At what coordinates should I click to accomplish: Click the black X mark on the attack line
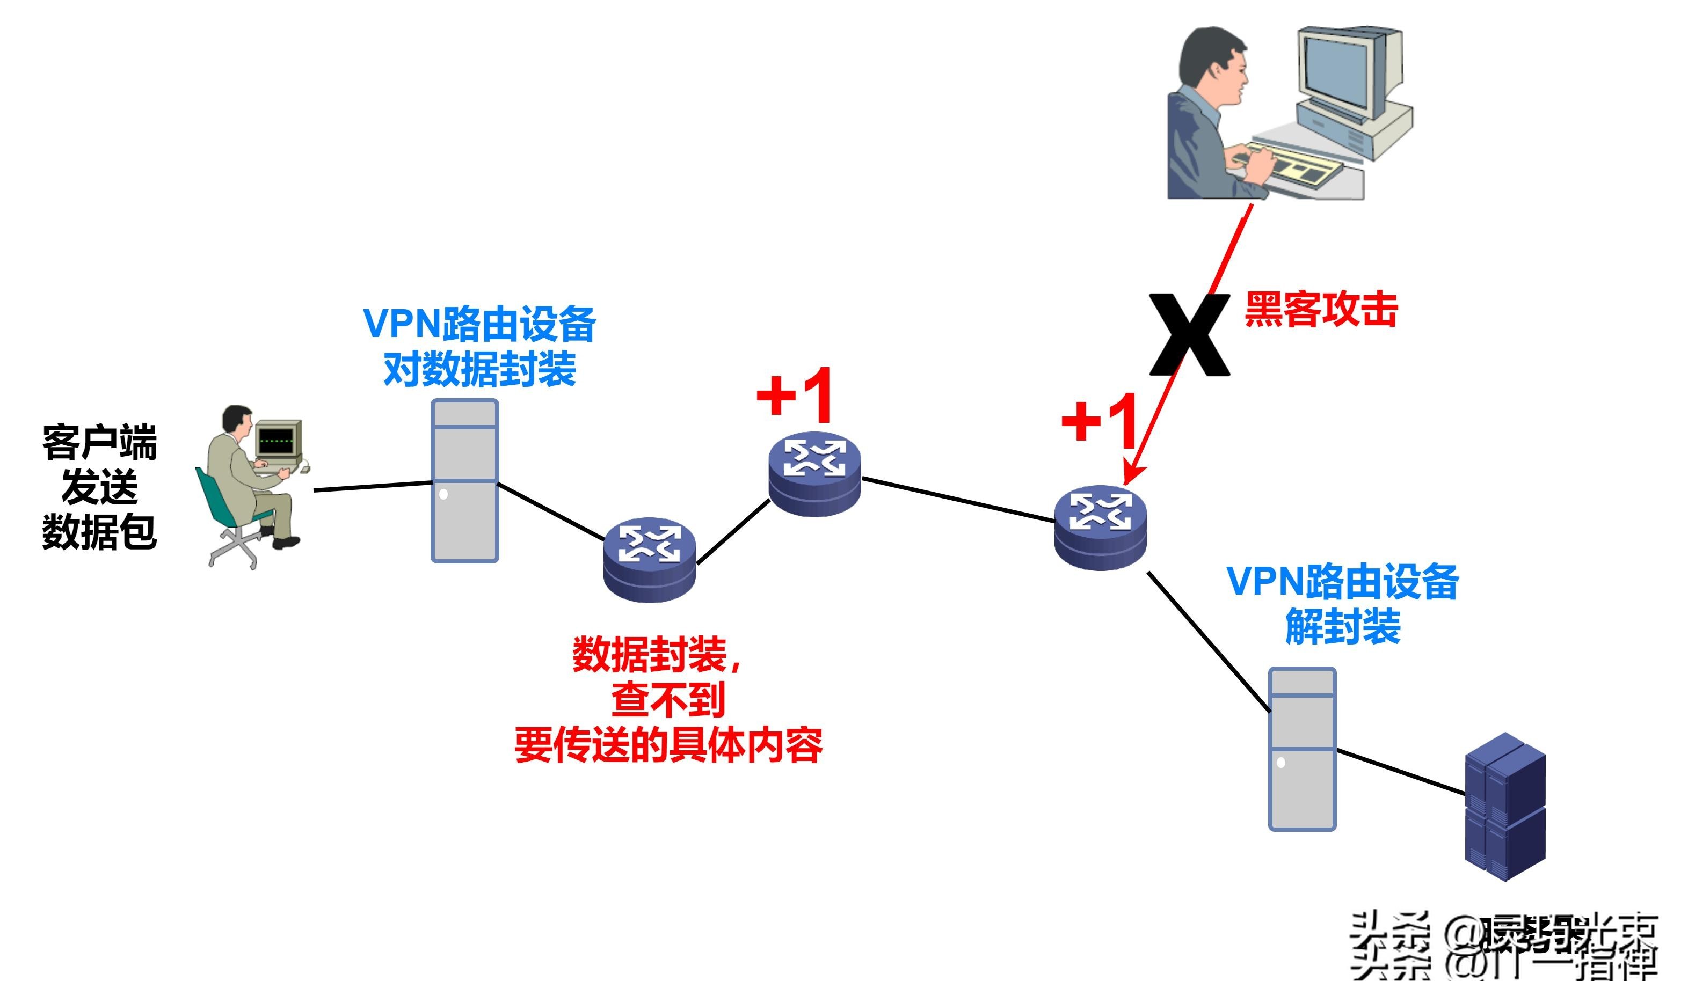[1190, 335]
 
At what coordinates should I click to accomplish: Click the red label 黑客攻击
[1320, 310]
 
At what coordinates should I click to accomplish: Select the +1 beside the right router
[1100, 421]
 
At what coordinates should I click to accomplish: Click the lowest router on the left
[649, 559]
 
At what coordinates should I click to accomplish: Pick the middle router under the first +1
[814, 474]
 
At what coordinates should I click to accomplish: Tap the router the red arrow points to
[1100, 528]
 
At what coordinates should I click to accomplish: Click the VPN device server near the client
[465, 481]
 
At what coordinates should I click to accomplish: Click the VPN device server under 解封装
[1302, 749]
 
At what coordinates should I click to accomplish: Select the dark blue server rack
[1504, 807]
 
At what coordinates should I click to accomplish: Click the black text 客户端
[99, 443]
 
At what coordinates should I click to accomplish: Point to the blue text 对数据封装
[479, 370]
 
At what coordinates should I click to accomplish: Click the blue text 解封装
[1342, 627]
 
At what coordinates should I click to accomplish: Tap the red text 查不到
[668, 700]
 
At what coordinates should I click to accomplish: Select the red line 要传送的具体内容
[668, 745]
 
